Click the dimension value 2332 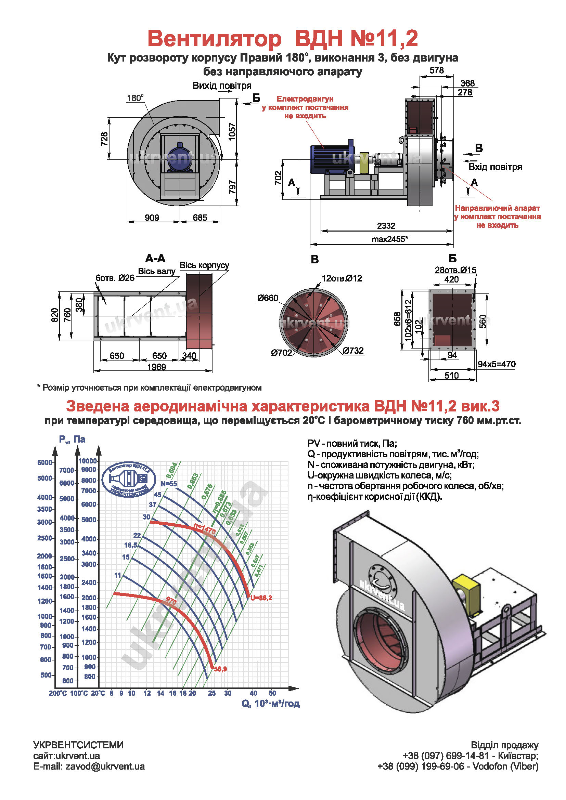386,226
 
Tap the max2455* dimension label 390,239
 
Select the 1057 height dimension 232,131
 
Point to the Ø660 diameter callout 268,298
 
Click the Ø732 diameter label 353,351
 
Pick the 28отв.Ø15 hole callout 455,270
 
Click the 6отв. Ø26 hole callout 115,278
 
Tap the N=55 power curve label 169,484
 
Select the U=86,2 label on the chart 261,598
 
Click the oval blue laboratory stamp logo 129,480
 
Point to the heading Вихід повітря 222,86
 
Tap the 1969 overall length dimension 156,367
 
